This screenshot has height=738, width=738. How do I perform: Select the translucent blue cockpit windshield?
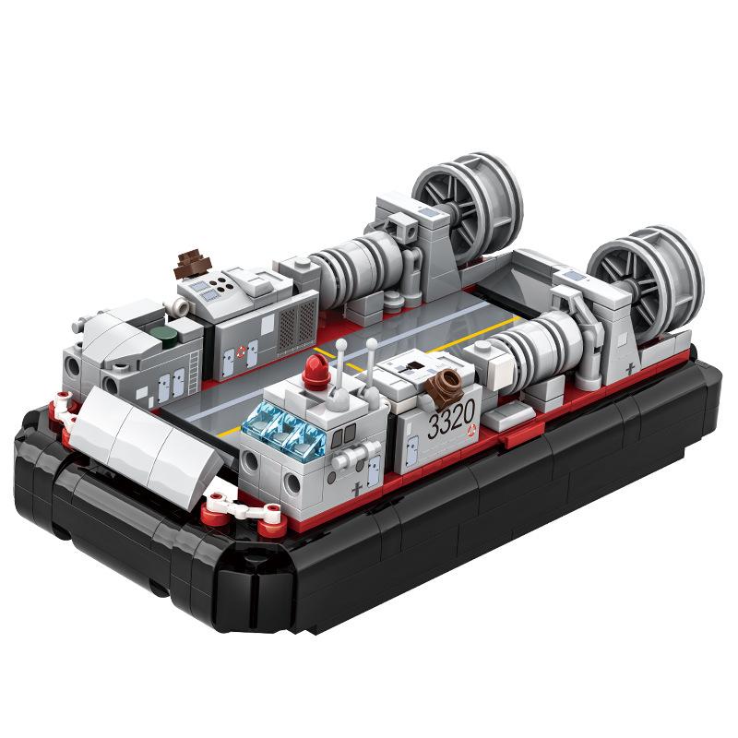279,430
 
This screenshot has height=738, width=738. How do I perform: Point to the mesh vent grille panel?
297,319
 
